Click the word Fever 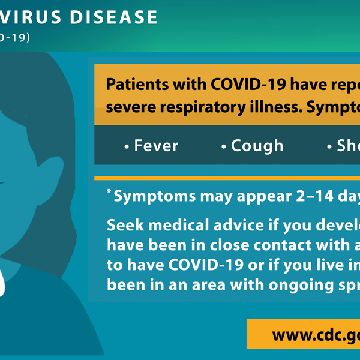156,146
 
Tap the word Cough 257,146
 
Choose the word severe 128,109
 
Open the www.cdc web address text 315,334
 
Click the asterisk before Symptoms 109,191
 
